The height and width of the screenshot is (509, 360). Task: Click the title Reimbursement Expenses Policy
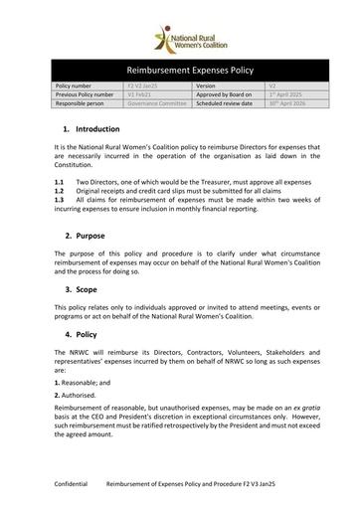[x=179, y=72]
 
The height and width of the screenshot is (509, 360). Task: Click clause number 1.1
[x=60, y=184]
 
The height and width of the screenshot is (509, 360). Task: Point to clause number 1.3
[x=60, y=201]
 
